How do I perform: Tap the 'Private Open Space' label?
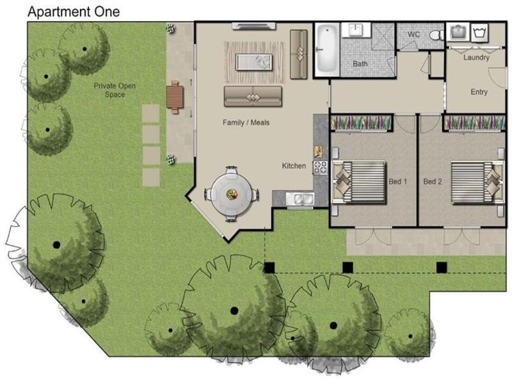click(x=115, y=90)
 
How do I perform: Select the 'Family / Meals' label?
click(x=246, y=122)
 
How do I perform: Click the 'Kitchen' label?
click(x=294, y=166)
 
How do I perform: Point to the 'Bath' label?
click(x=360, y=64)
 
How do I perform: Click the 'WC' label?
click(x=413, y=34)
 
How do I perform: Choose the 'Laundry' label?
click(x=476, y=58)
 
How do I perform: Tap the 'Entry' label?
click(x=479, y=92)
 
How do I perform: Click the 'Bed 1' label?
click(x=398, y=182)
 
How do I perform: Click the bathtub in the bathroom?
click(x=326, y=49)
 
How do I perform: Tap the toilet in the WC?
click(x=437, y=35)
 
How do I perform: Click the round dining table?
click(x=232, y=194)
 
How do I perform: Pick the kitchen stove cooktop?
click(x=320, y=168)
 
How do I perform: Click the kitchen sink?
click(x=299, y=199)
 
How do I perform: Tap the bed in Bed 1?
click(x=362, y=181)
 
